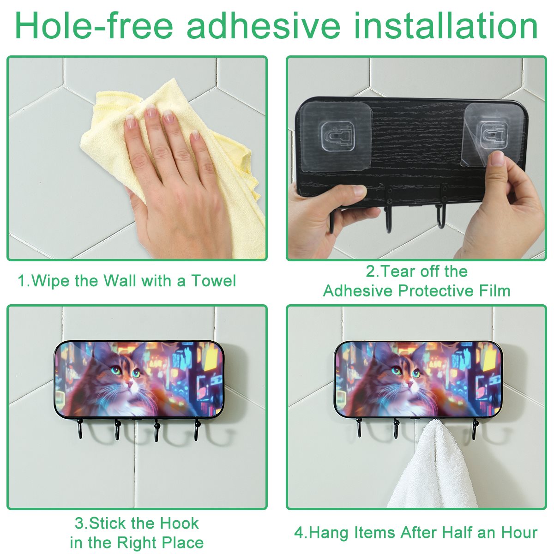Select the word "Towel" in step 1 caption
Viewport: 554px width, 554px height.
pos(214,281)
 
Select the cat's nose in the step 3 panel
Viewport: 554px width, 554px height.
pos(130,383)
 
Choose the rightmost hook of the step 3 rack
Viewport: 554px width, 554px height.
pos(197,429)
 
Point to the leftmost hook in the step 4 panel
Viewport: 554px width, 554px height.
pos(359,428)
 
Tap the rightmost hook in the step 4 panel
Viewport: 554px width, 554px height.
pos(475,429)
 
